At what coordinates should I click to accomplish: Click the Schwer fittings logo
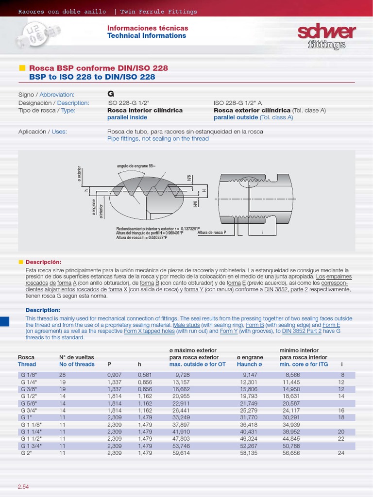click(326, 36)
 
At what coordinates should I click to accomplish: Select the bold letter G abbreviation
click(110, 94)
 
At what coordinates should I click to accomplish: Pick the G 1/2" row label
click(29, 396)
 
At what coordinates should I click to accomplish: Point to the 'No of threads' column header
click(77, 364)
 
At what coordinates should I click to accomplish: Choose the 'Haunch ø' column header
click(249, 364)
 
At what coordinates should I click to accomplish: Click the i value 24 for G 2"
click(340, 453)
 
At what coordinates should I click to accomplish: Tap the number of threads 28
click(62, 375)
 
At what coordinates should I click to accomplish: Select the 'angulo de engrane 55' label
click(136, 166)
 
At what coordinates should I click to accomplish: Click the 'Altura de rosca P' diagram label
click(212, 232)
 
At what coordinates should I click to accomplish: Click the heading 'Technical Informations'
click(146, 36)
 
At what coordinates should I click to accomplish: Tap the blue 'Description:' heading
click(42, 310)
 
